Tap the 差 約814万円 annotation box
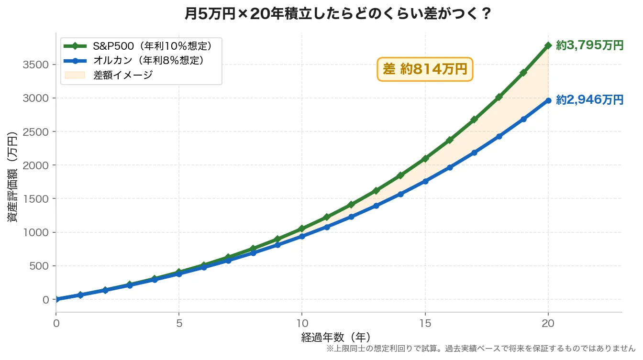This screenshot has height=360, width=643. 425,69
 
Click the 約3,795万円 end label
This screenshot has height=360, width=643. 589,45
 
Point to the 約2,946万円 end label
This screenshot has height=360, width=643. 589,100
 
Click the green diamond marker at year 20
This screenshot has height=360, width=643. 548,45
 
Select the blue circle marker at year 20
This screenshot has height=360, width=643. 548,100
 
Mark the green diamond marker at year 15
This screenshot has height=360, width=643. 425,159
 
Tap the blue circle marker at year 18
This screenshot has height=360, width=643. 499,136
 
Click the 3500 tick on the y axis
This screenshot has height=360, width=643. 36,65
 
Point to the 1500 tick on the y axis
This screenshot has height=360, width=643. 36,199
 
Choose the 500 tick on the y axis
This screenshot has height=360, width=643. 39,266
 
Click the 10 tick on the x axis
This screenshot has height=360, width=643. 302,323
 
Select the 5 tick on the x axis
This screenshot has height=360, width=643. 179,323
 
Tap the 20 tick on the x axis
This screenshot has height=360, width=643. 548,323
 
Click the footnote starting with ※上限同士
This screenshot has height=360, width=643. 480,349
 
